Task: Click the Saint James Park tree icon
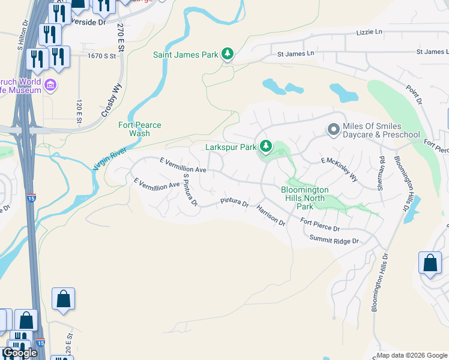coord(228,55)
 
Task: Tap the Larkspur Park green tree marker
coord(265,146)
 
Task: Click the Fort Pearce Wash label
coord(139,129)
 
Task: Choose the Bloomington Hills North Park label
coord(303,198)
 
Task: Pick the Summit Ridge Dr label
coord(334,240)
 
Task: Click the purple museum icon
coord(50,86)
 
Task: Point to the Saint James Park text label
coord(185,55)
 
